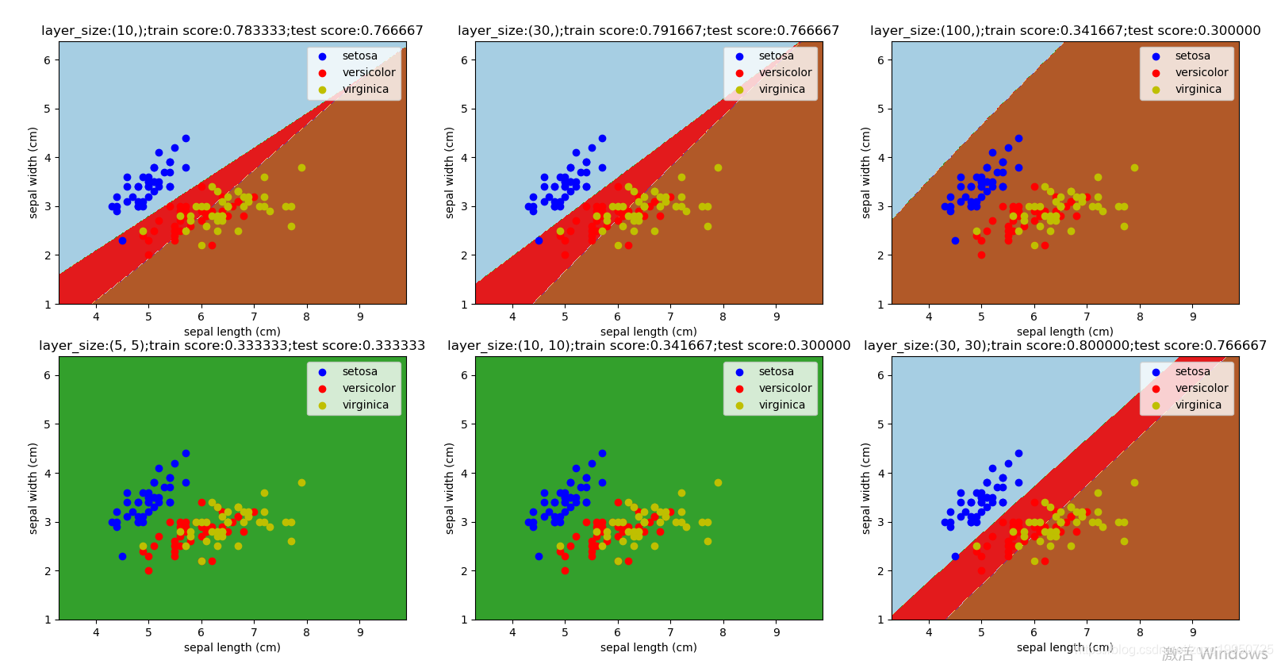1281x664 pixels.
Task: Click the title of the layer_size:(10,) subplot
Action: tap(232, 31)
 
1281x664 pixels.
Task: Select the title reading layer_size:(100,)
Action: tap(1065, 31)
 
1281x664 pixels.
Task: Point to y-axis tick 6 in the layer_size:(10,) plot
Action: tap(48, 60)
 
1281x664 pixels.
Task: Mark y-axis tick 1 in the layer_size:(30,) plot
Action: tap(464, 305)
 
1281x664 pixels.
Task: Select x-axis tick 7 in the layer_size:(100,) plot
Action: tap(1087, 317)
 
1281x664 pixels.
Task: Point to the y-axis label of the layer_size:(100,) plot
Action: tap(866, 173)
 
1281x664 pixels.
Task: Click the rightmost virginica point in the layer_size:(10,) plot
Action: tap(301, 168)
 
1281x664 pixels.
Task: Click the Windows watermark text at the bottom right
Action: tap(1217, 654)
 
